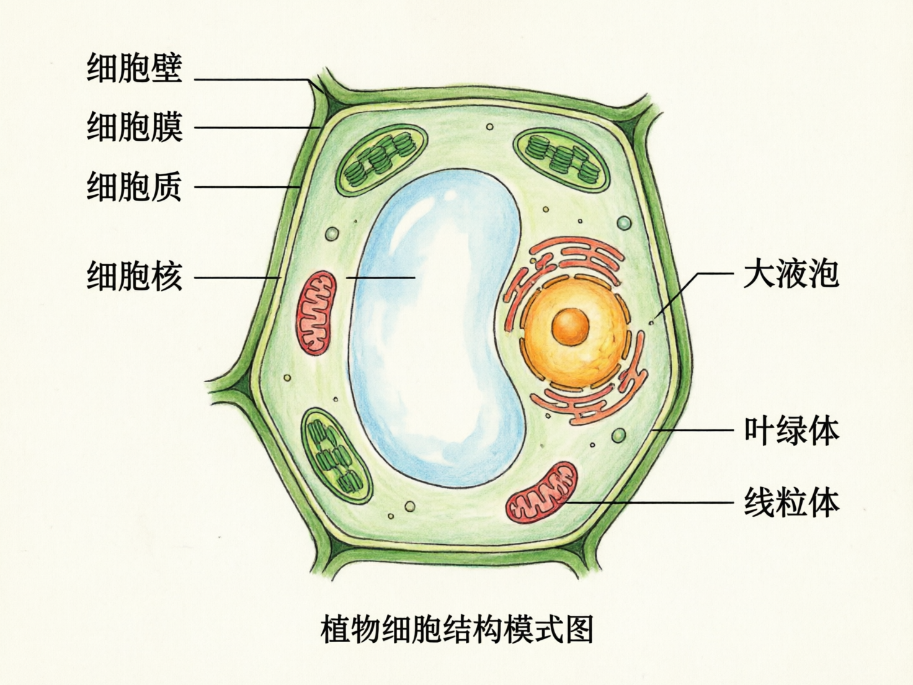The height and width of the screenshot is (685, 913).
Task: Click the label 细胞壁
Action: (x=134, y=68)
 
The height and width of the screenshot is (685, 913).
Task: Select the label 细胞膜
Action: (x=134, y=127)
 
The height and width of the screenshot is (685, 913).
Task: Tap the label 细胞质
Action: (x=134, y=186)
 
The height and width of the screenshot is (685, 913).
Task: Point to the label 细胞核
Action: (x=134, y=276)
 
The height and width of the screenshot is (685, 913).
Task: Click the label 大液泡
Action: (x=791, y=273)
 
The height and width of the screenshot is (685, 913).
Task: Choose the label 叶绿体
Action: (x=791, y=430)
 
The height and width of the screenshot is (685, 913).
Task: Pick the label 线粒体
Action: (x=791, y=503)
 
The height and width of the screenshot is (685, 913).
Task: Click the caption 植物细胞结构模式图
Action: (x=457, y=629)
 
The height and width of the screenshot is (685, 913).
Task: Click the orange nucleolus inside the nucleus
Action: (x=570, y=326)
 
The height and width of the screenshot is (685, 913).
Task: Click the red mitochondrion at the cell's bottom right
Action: (x=541, y=492)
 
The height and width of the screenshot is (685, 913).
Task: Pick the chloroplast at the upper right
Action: (x=562, y=158)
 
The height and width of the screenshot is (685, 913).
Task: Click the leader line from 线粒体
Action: (x=651, y=503)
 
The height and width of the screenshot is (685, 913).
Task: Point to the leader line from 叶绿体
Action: (x=695, y=430)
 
